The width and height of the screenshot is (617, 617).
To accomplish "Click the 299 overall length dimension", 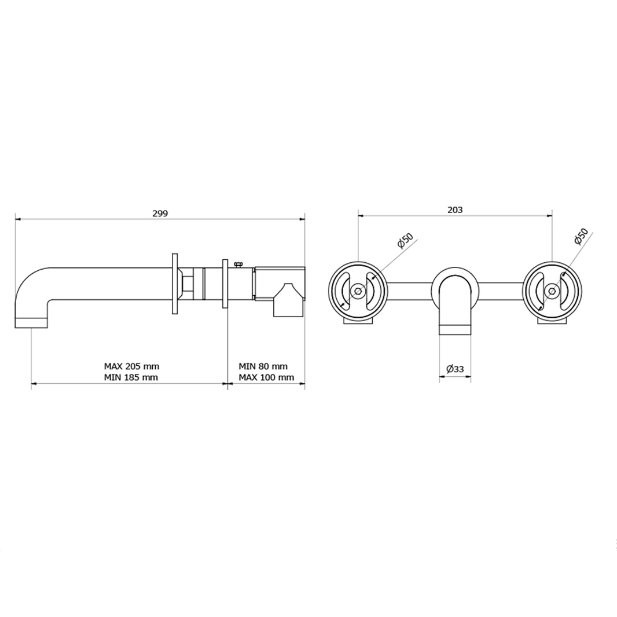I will coord(160,213).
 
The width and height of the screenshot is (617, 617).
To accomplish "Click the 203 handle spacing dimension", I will coord(455,210).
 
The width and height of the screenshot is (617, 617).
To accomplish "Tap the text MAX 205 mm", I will coord(131,366).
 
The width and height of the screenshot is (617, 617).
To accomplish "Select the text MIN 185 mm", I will coord(131,377).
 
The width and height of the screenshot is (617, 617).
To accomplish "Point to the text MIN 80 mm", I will coord(263,366).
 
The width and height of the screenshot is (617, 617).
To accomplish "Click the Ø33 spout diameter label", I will coord(455,368).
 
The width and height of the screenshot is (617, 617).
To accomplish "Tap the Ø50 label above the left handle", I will coord(405,240).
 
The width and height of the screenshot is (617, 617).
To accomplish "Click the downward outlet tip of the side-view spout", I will coord(31,322).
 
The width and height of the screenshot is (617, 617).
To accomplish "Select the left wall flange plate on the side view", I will coord(174,284).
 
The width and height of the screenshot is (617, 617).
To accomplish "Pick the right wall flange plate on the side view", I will coord(225,284).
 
